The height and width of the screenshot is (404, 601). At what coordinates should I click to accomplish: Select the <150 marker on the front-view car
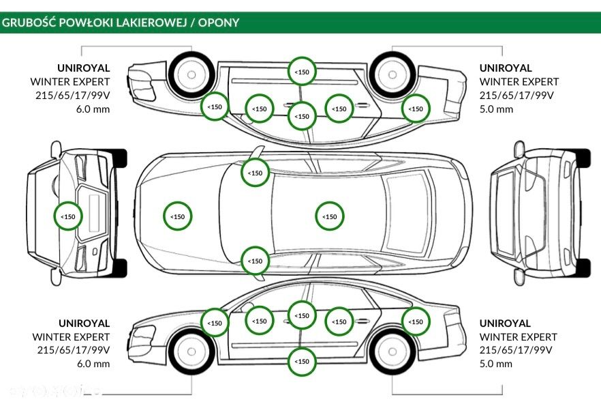pos(68,216)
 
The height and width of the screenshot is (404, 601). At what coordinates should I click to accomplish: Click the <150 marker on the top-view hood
pos(177,216)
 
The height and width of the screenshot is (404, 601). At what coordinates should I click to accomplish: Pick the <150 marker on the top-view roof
pos(330,216)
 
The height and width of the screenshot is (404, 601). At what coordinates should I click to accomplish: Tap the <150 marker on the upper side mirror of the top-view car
pos(255,173)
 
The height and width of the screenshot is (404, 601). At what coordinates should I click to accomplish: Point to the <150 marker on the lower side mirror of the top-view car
pos(255,261)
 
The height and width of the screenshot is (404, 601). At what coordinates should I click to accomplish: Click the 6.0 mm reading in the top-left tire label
pos(93,109)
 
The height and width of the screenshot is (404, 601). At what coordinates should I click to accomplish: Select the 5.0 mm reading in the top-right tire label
pos(496,109)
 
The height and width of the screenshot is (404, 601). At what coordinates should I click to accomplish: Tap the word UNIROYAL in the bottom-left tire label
pos(84,323)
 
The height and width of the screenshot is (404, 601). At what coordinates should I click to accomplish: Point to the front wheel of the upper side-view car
pos(190,74)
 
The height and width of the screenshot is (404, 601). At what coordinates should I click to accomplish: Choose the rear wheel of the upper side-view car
pos(393,74)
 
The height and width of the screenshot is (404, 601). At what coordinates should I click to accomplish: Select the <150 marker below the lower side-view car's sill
pos(301,361)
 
